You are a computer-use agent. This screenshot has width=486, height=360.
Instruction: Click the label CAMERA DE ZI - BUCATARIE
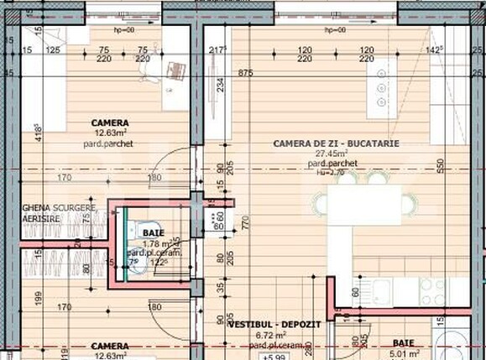(x=336, y=143)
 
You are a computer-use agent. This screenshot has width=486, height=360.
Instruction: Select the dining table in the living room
(x=363, y=204)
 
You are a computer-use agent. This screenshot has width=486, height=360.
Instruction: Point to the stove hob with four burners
(x=432, y=292)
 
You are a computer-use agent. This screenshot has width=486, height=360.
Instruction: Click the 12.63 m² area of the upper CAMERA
(x=110, y=133)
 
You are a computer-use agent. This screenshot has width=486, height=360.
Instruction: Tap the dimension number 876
(x=246, y=74)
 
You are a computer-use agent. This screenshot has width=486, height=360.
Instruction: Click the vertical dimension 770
(x=245, y=223)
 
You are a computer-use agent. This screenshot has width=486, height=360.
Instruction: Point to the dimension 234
(x=221, y=85)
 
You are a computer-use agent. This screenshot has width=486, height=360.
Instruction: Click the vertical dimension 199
(x=38, y=295)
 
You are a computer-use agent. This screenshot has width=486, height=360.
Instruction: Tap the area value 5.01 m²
(x=408, y=353)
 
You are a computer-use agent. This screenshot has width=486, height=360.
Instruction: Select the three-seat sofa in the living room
(x=382, y=89)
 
